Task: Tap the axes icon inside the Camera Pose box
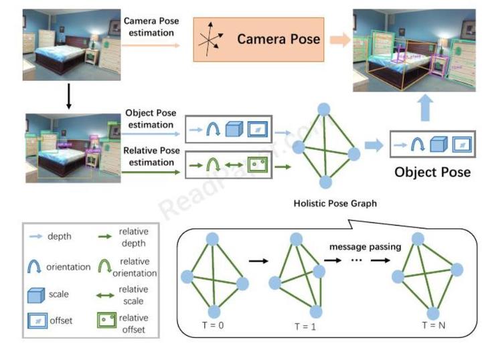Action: [212, 39]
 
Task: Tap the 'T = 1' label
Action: [304, 327]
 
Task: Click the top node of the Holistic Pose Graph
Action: [324, 108]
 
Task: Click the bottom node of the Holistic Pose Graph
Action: [325, 182]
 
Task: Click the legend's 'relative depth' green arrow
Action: [106, 236]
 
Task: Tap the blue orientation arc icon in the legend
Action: [35, 266]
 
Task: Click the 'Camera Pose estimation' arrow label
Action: [152, 26]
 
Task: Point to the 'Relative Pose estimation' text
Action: [152, 156]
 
